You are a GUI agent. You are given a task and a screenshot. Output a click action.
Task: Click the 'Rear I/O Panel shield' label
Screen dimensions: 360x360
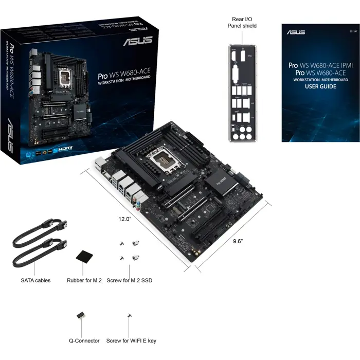244,22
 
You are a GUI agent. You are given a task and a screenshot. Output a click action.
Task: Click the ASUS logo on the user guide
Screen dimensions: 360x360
297,32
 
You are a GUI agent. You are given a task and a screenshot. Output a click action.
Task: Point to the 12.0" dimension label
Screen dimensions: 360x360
125,219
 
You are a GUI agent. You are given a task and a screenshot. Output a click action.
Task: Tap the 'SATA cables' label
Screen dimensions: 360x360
35,281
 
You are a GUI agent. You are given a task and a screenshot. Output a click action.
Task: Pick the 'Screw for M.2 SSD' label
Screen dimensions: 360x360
129,281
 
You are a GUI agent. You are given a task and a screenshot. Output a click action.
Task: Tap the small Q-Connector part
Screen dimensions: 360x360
81,314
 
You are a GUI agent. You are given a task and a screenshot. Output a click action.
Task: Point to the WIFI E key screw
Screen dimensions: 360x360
129,315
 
